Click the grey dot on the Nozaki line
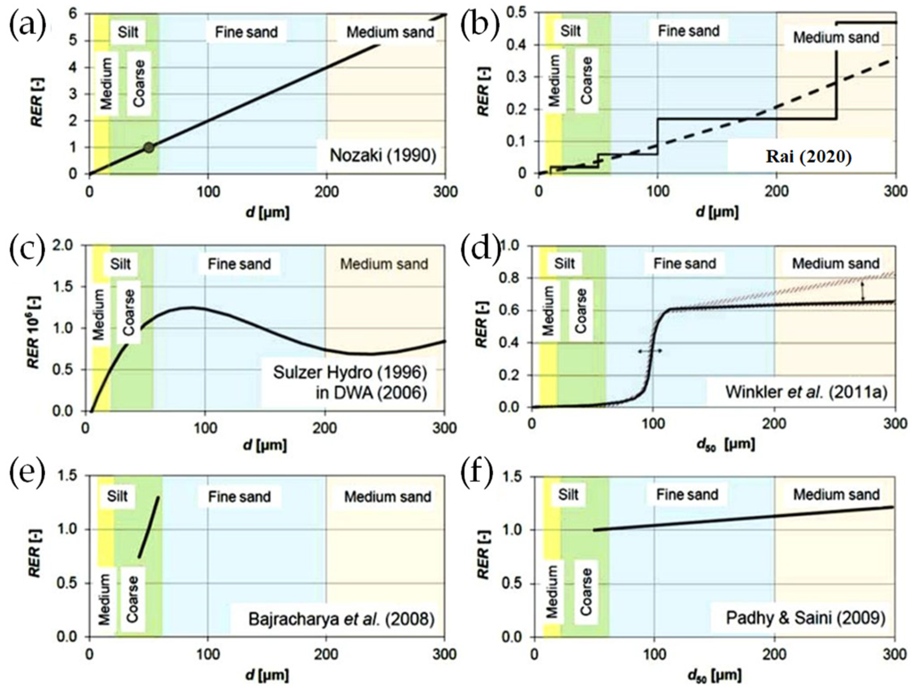pyautogui.click(x=149, y=147)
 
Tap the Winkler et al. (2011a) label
pyautogui.click(x=805, y=392)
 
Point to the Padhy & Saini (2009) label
pyautogui.click(x=806, y=630)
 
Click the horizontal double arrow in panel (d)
pyautogui.click(x=650, y=351)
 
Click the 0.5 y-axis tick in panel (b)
pyautogui.click(x=521, y=13)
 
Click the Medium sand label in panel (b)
pyautogui.click(x=836, y=38)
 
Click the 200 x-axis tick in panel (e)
pyautogui.click(x=325, y=654)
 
